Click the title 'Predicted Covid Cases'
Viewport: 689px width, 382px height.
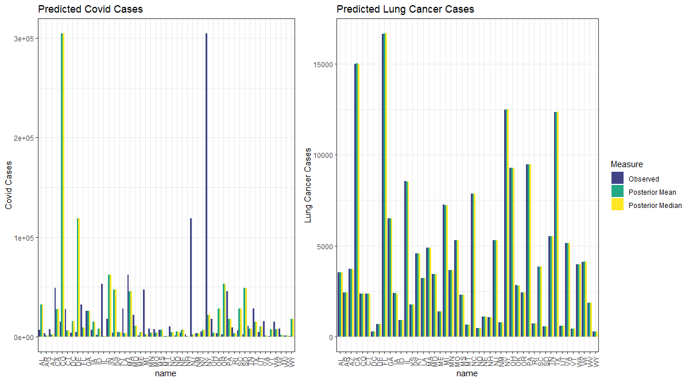[90, 9]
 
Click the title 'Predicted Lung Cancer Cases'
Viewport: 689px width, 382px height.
[405, 9]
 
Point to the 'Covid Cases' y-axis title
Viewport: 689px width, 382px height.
[9, 185]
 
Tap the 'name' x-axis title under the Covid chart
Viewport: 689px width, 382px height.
[166, 374]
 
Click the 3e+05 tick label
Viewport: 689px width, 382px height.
[25, 38]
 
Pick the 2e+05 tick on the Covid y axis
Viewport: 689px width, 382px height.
[25, 138]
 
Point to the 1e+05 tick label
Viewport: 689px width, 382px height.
[25, 238]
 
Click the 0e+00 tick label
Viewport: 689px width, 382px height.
[25, 337]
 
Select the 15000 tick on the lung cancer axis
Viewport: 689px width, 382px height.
[324, 64]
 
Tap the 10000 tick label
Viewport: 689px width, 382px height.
[324, 155]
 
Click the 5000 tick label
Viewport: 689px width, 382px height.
[326, 246]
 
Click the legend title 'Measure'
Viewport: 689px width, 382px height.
[627, 165]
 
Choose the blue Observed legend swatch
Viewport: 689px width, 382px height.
[618, 178]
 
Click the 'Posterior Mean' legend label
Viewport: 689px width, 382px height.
[652, 192]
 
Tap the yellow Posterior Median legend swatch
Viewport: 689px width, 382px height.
[618, 205]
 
